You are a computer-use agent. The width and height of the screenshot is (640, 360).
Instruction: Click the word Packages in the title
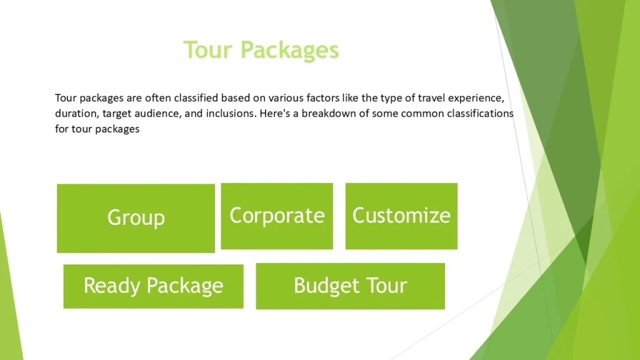click(289, 51)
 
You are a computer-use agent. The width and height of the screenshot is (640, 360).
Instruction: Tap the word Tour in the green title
click(207, 50)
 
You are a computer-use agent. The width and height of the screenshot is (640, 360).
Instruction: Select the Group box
click(136, 218)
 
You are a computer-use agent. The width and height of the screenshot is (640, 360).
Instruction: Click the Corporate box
click(277, 216)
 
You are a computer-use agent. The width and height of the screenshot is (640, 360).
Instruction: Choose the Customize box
click(401, 216)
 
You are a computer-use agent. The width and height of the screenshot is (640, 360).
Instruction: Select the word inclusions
click(231, 114)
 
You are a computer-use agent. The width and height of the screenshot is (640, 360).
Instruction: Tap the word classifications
click(480, 114)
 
